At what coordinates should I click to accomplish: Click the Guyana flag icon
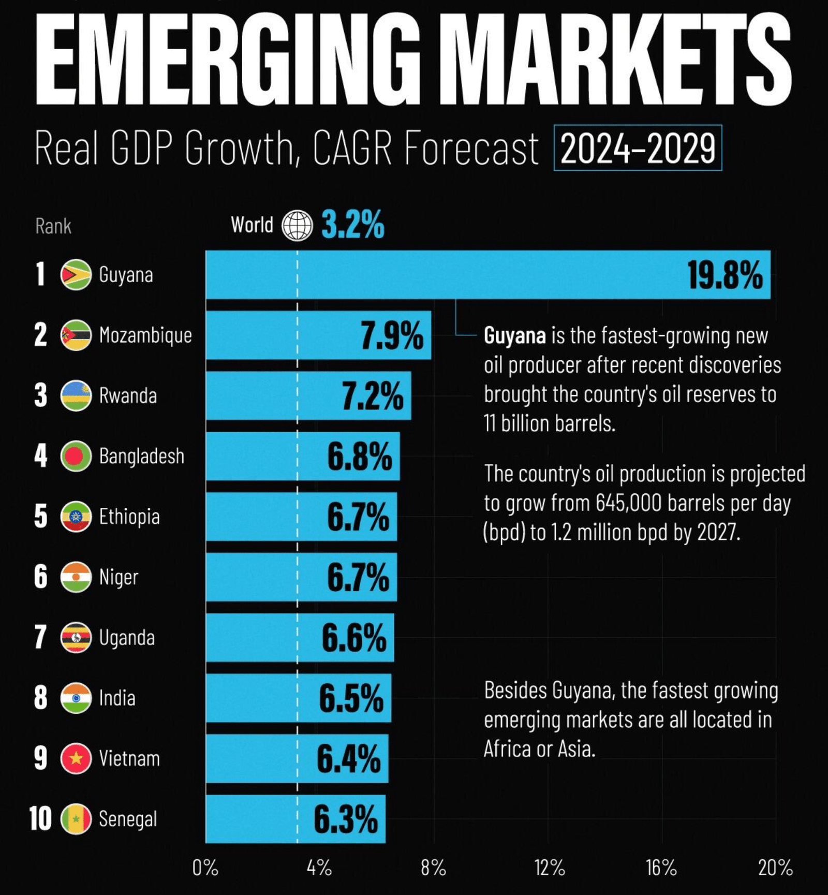point(76,274)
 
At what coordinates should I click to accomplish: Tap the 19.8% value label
point(724,275)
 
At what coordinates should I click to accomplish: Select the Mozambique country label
point(145,335)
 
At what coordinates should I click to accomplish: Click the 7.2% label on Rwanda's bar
point(372,396)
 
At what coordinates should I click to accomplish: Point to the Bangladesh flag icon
point(76,456)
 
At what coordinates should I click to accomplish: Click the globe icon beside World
point(297,225)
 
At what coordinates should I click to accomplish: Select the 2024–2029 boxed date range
point(638,148)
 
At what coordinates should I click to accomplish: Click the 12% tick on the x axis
point(549,868)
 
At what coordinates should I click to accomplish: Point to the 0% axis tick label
point(205,868)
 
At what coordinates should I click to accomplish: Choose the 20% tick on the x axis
point(775,868)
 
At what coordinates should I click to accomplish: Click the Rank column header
point(53,226)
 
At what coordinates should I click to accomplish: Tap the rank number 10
point(40,819)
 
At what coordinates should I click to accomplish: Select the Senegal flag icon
point(76,819)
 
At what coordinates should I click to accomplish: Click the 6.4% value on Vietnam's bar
point(348,759)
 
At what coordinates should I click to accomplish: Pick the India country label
point(117,698)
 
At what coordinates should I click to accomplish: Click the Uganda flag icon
point(76,638)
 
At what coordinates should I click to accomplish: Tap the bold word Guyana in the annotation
point(514,336)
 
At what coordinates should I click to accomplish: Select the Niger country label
point(119,577)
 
